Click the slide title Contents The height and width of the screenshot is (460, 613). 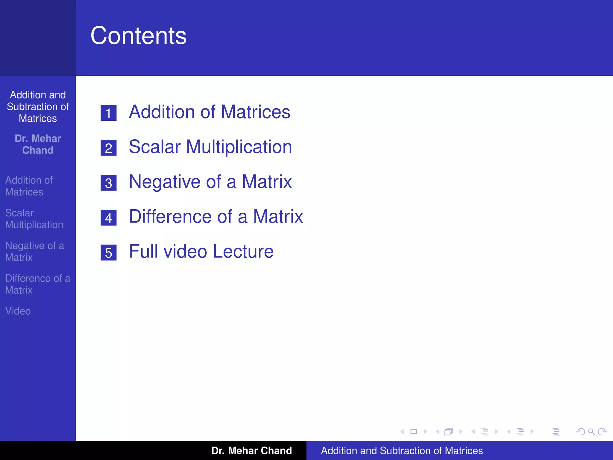(x=138, y=36)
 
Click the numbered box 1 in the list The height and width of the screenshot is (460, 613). (x=108, y=113)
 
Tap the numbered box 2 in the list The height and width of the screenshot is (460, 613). (x=108, y=148)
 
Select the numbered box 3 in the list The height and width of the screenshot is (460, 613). (x=108, y=183)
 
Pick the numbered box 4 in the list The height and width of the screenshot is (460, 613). (x=108, y=218)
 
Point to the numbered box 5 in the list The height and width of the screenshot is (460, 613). (x=108, y=252)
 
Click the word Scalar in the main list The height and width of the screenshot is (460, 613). (x=155, y=147)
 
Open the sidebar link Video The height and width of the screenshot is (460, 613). (x=18, y=311)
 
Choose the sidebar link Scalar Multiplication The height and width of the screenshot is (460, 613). (x=34, y=219)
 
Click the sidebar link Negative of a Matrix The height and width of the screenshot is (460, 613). (x=34, y=252)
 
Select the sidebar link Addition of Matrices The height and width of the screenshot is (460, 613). (x=29, y=186)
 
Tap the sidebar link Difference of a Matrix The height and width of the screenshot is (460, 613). (x=37, y=284)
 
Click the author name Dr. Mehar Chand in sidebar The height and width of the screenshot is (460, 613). (x=38, y=144)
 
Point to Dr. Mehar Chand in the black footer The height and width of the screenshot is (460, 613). (x=251, y=451)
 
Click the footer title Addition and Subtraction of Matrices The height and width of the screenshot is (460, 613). (x=402, y=451)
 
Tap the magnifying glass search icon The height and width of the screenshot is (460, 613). (x=591, y=432)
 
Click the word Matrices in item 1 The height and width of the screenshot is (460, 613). (x=255, y=112)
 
